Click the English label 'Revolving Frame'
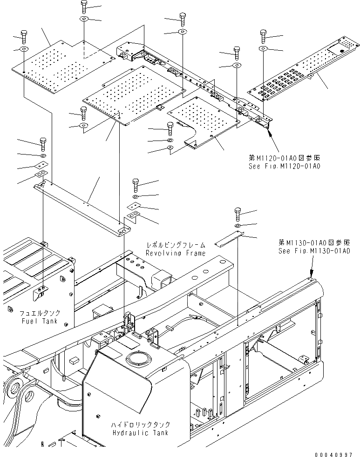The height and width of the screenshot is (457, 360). (x=175, y=253)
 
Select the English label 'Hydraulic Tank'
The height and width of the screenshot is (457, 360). (x=140, y=432)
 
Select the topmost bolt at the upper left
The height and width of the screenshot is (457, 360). (x=84, y=7)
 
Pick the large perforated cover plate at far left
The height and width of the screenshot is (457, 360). (x=68, y=65)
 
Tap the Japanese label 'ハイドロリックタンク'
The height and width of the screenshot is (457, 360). (x=140, y=424)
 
